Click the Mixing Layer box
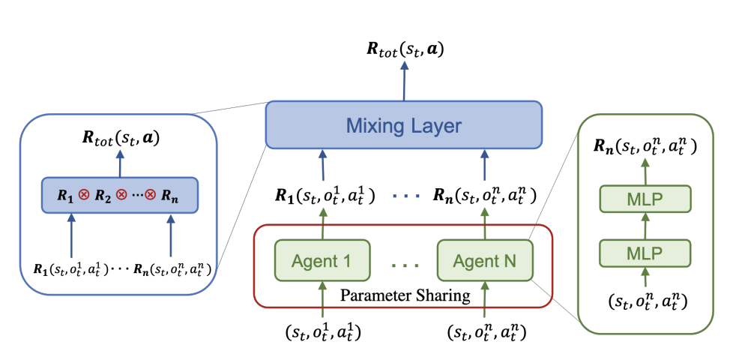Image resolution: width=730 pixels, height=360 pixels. point(404,124)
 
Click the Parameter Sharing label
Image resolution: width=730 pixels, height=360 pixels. point(405,295)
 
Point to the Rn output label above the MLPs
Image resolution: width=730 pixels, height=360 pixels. point(645,147)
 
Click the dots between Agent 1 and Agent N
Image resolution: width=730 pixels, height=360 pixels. point(405,264)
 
